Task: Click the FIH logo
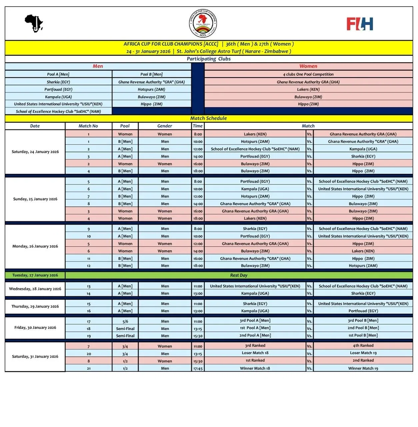(x=360, y=24)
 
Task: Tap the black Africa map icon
(x=34, y=23)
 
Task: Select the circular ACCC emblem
(x=203, y=23)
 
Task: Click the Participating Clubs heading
(x=209, y=59)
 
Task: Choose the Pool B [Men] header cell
(x=152, y=74)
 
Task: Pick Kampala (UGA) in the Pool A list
(x=58, y=97)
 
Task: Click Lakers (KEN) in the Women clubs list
(x=308, y=89)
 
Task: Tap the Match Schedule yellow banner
(x=209, y=118)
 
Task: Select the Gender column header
(x=165, y=126)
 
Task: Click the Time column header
(x=198, y=126)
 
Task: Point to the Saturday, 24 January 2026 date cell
(x=35, y=152)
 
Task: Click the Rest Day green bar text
(x=239, y=276)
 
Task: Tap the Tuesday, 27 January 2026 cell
(x=35, y=276)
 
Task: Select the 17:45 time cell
(x=198, y=369)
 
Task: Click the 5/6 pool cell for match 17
(x=125, y=322)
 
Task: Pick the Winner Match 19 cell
(x=363, y=369)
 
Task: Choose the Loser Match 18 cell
(x=255, y=353)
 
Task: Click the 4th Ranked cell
(x=363, y=346)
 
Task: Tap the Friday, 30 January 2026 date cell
(x=35, y=328)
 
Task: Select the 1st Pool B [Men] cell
(x=363, y=336)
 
